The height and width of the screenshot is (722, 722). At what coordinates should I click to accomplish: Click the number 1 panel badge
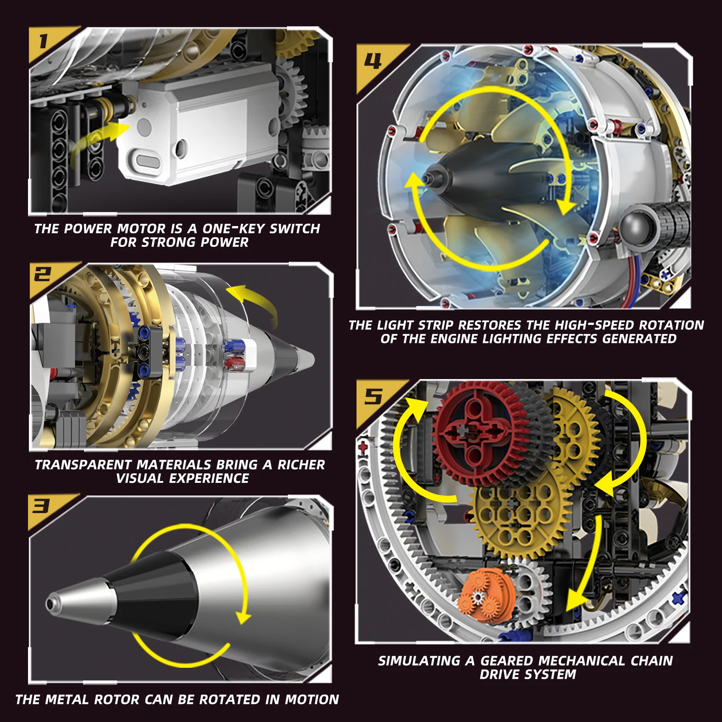(43, 42)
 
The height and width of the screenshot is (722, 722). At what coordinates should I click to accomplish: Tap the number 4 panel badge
(373, 61)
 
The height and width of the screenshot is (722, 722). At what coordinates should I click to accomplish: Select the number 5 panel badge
(373, 397)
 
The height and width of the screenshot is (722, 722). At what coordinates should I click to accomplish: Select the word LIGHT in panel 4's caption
(395, 325)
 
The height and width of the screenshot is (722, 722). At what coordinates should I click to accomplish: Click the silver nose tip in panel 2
(305, 359)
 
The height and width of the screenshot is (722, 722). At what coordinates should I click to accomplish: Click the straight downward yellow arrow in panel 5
(587, 569)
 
